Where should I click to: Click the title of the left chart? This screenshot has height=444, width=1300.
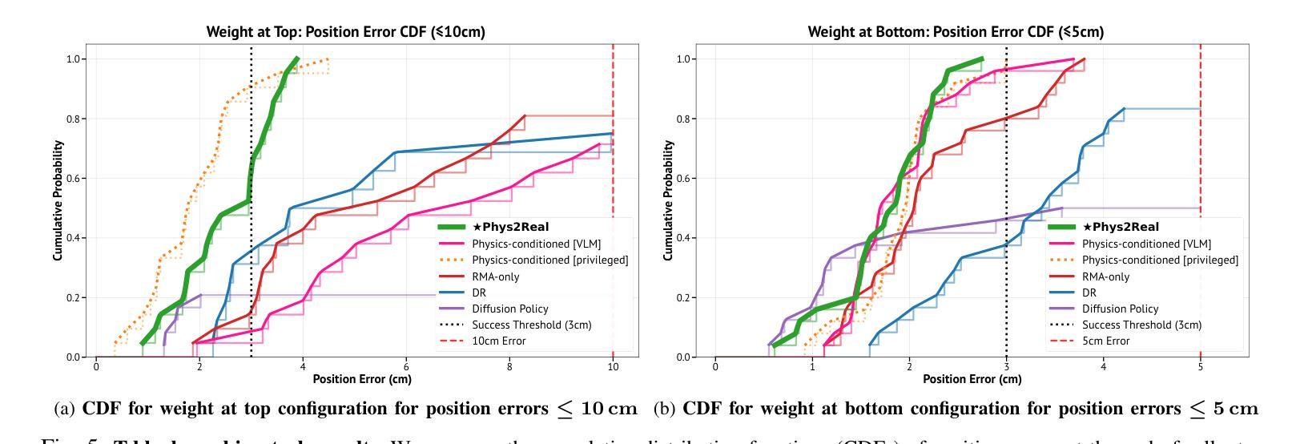point(346,32)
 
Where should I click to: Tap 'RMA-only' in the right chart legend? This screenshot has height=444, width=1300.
point(1105,276)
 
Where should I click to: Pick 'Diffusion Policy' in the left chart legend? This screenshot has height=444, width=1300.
point(509,309)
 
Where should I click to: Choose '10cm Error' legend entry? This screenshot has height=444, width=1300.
point(499,341)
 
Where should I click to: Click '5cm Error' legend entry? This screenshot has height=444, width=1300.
point(1105,341)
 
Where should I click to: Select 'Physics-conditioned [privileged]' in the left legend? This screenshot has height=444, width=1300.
point(549,260)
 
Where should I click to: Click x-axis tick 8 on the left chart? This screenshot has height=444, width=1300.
point(509,366)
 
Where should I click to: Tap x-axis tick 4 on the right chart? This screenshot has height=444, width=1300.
point(1103,366)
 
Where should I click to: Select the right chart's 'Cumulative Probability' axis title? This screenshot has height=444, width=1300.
point(669,200)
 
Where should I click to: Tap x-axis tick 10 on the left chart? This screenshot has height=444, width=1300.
point(613,366)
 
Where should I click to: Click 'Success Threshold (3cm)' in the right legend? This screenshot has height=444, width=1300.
point(1141,325)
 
